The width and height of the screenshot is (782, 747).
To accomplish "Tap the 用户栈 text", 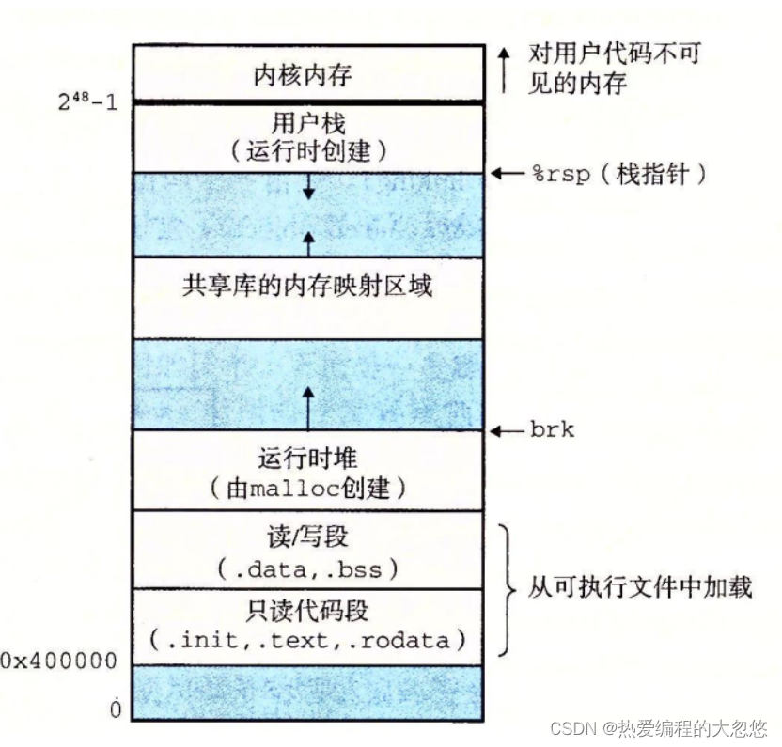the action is (308, 122).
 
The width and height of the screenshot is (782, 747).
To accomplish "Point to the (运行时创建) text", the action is (308, 150).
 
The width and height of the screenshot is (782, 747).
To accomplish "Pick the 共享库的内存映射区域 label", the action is (308, 286).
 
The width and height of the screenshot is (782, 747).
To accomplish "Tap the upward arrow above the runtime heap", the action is (308, 404).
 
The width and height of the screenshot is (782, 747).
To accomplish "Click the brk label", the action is (552, 431).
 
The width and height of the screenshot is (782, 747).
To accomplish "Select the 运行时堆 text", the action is (308, 459).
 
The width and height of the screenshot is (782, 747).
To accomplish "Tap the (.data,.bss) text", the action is (308, 568).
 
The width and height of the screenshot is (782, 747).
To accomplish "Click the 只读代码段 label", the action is (308, 611).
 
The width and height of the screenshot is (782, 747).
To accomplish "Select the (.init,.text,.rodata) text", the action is (308, 641).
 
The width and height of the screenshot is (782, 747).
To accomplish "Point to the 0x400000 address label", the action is (58, 661).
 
